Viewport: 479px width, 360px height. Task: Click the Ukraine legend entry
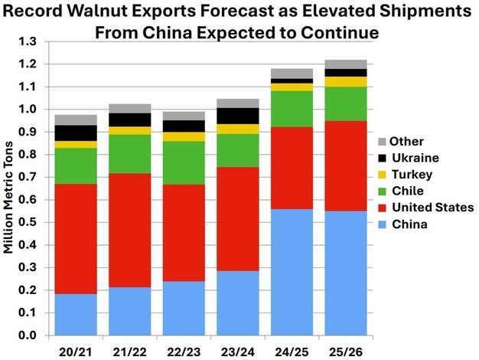(411, 158)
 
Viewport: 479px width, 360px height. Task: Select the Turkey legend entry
(408, 175)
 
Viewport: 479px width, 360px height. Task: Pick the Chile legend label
(406, 191)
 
